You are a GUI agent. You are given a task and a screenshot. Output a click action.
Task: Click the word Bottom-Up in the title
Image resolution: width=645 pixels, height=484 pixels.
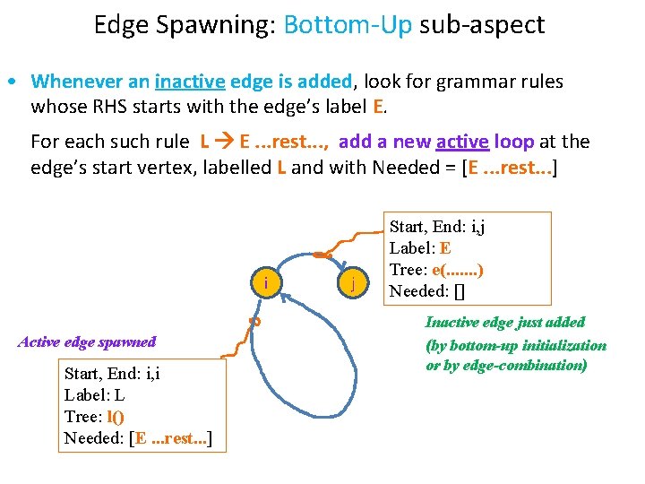[347, 24]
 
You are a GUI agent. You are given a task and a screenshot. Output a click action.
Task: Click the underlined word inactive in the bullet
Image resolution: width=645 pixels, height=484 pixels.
[190, 82]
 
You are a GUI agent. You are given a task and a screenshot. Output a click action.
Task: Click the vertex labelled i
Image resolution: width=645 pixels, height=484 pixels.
[266, 284]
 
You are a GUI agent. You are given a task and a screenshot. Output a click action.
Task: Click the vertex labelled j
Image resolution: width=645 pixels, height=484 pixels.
[355, 284]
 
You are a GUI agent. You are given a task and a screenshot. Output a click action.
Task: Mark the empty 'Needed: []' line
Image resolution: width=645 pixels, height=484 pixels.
[429, 290]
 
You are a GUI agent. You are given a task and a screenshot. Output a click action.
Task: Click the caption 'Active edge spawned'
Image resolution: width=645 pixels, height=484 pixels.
[87, 341]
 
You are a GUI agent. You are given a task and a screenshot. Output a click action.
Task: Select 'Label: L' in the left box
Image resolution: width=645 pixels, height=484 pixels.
[94, 394]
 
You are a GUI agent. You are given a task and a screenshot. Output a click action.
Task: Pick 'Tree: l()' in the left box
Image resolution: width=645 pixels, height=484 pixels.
[94, 416]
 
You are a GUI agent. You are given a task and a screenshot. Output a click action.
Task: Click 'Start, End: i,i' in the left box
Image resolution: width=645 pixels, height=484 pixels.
[112, 373]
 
